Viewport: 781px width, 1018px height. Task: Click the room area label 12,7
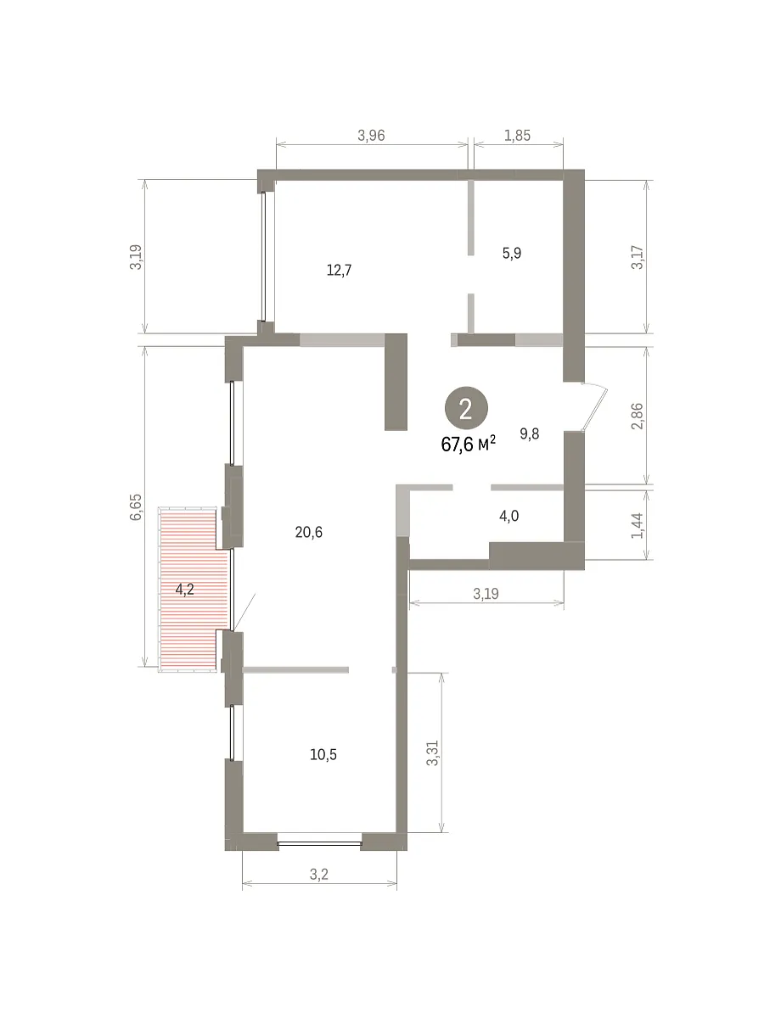click(339, 271)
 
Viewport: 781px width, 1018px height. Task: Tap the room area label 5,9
click(511, 254)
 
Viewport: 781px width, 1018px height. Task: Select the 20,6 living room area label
click(308, 532)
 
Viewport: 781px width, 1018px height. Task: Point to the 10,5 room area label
click(323, 755)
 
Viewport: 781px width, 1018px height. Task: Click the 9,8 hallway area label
click(529, 433)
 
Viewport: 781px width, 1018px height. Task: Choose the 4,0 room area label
click(508, 517)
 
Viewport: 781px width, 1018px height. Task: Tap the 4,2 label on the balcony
click(184, 590)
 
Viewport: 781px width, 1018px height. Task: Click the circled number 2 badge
click(466, 409)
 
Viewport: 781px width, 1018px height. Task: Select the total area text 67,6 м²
click(468, 445)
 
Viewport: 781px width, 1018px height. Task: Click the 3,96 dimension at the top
click(371, 136)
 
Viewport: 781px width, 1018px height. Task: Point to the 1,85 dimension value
click(517, 136)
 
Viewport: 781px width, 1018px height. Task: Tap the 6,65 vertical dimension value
click(136, 507)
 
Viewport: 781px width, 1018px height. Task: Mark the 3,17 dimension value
click(637, 257)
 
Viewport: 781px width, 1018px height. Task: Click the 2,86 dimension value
click(637, 416)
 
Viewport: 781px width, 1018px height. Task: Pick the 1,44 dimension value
click(637, 526)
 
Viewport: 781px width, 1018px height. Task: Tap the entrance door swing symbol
click(594, 406)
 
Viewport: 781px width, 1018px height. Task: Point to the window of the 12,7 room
click(263, 256)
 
